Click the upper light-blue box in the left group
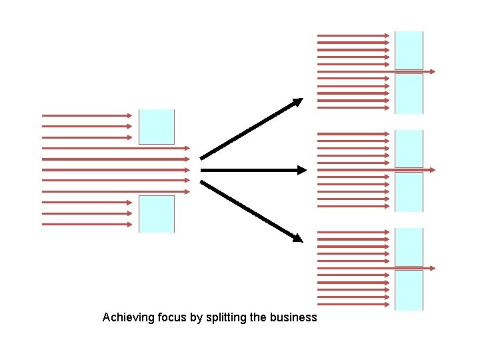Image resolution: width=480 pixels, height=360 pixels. pyautogui.click(x=156, y=127)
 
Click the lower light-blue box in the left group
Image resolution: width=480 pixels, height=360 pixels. pyautogui.click(x=156, y=213)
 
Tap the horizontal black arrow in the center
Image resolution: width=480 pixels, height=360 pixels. pyautogui.click(x=252, y=171)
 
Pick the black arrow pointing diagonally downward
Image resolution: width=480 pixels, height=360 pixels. pyautogui.click(x=251, y=211)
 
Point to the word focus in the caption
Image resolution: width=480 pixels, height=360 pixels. pyautogui.click(x=171, y=317)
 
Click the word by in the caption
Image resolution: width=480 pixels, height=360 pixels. pyautogui.click(x=195, y=317)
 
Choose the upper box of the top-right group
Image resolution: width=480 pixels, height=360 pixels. pyautogui.click(x=409, y=50)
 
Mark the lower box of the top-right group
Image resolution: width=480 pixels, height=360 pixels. pyautogui.click(x=409, y=93)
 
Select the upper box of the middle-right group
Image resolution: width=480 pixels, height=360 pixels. pyautogui.click(x=409, y=148)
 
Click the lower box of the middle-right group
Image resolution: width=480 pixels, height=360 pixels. pyautogui.click(x=409, y=192)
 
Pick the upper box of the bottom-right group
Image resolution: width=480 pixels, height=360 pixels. pyautogui.click(x=409, y=247)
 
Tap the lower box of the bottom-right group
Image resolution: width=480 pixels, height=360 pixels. pyautogui.click(x=409, y=290)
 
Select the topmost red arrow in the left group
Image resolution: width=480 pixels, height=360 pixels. pyautogui.click(x=87, y=115)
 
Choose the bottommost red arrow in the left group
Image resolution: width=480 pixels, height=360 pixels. pyautogui.click(x=87, y=224)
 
